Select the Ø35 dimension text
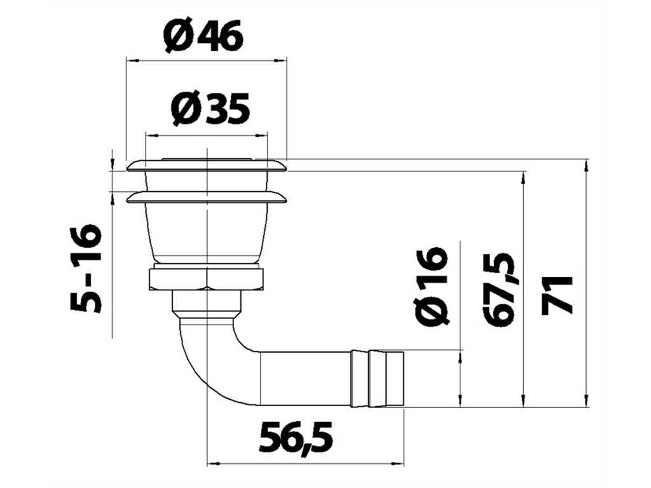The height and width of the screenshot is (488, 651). point(210,109)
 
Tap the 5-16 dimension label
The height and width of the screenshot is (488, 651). point(86,269)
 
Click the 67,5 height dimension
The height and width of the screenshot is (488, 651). point(500,289)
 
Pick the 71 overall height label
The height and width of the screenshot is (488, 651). point(558,294)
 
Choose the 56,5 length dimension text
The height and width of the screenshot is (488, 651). point(296,436)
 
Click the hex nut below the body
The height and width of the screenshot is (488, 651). point(206,280)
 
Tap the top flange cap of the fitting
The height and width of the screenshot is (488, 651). point(207,165)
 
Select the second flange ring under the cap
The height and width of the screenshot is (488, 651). point(207,198)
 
